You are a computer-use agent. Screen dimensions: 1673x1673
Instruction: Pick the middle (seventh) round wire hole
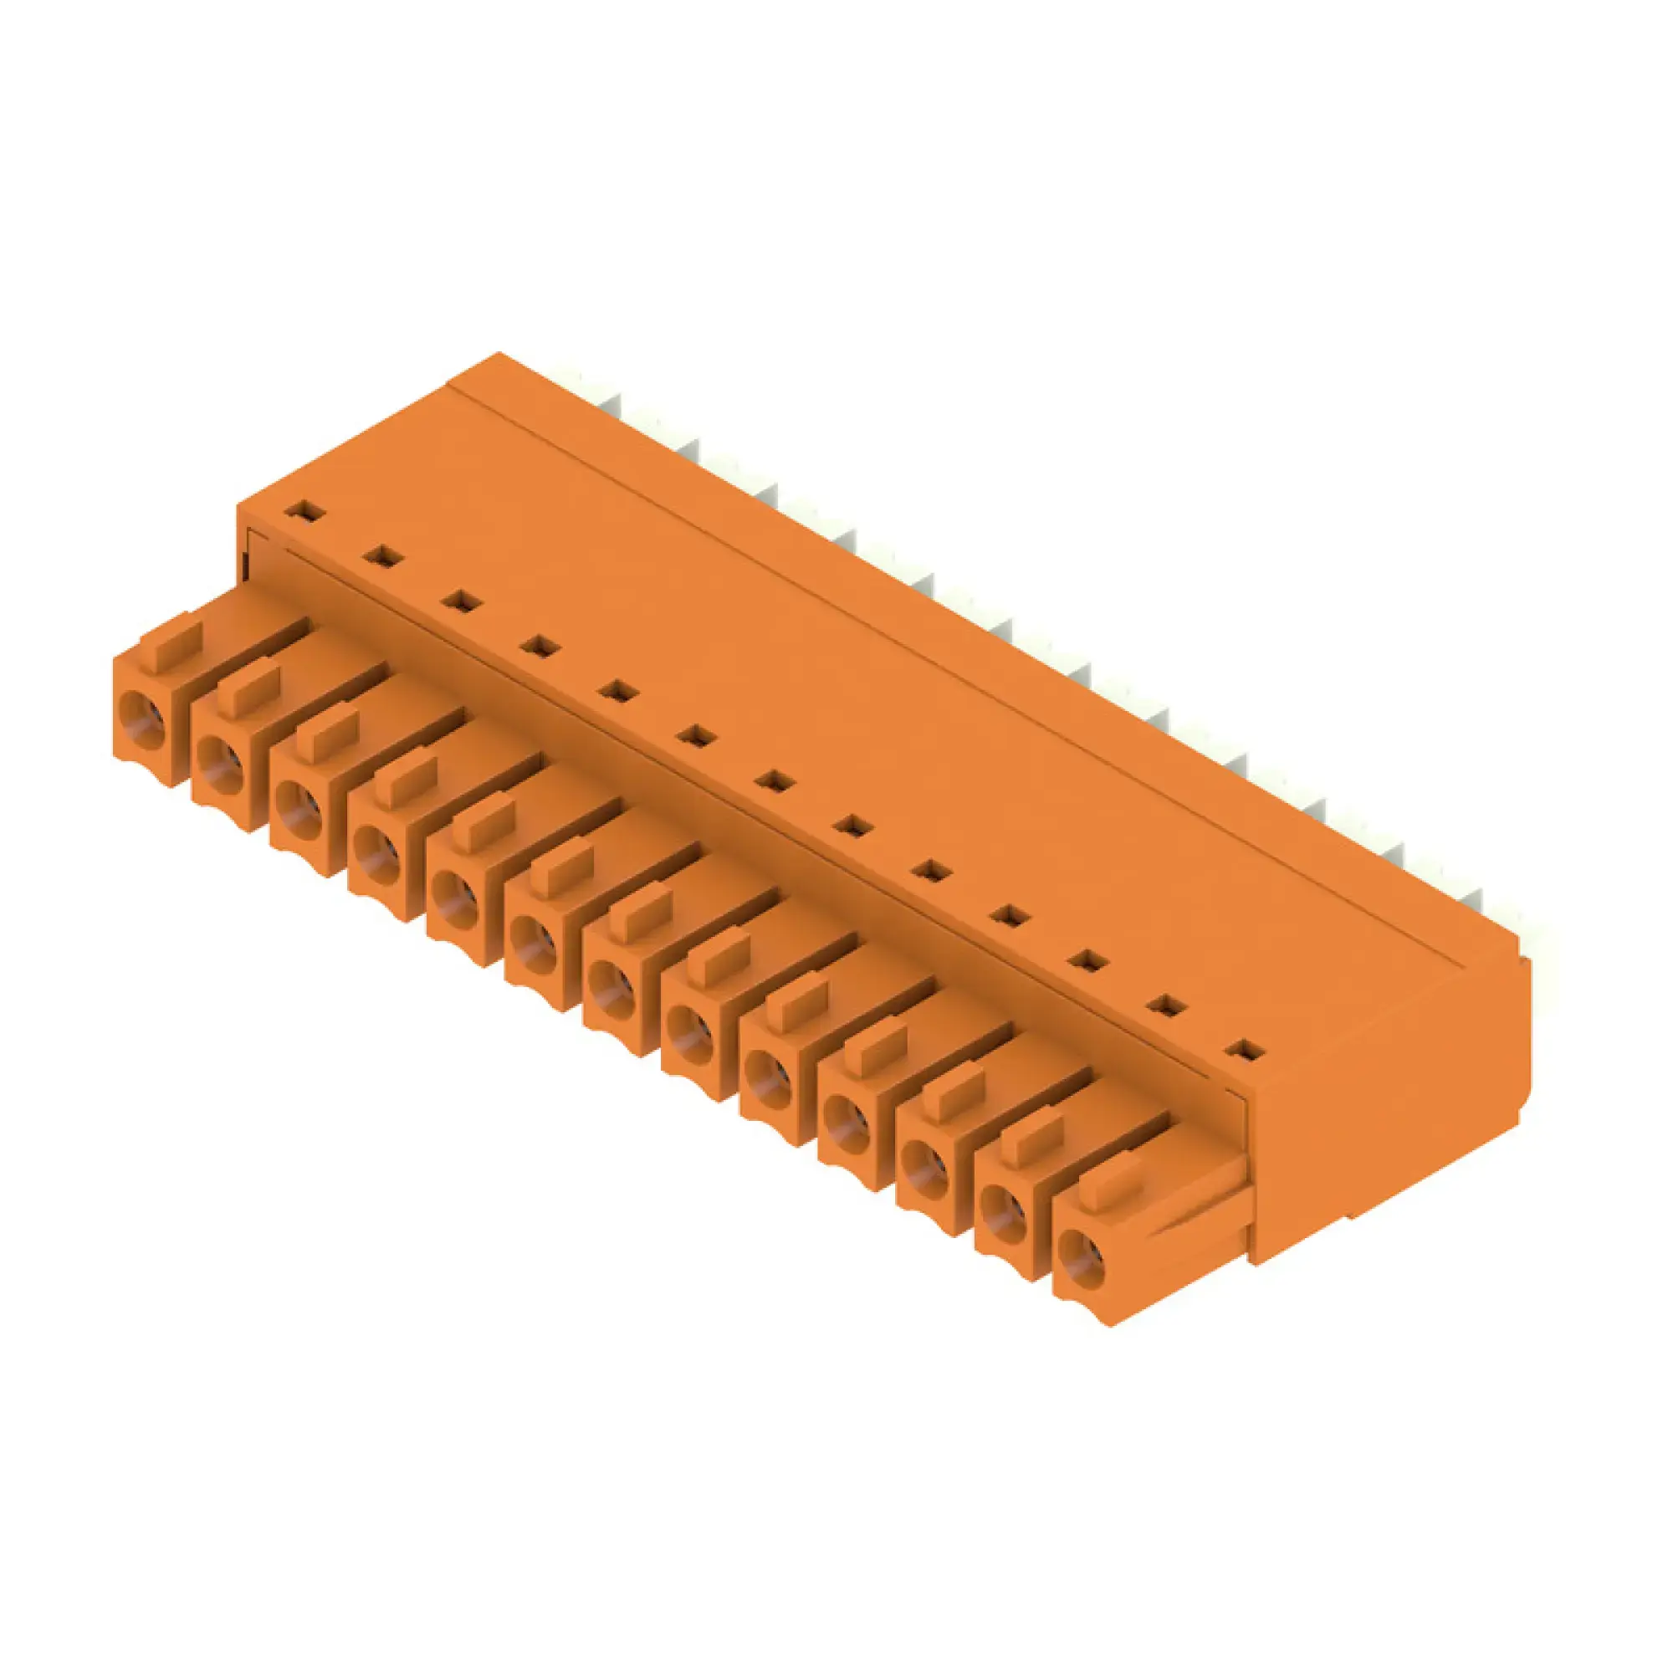point(611,988)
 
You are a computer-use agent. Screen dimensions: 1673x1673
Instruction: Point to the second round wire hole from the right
point(1003,1207)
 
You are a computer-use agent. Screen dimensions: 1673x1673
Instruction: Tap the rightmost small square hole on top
point(1246,1051)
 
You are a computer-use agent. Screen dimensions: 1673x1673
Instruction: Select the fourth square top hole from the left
point(540,645)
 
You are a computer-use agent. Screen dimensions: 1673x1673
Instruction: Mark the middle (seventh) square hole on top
point(774,781)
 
